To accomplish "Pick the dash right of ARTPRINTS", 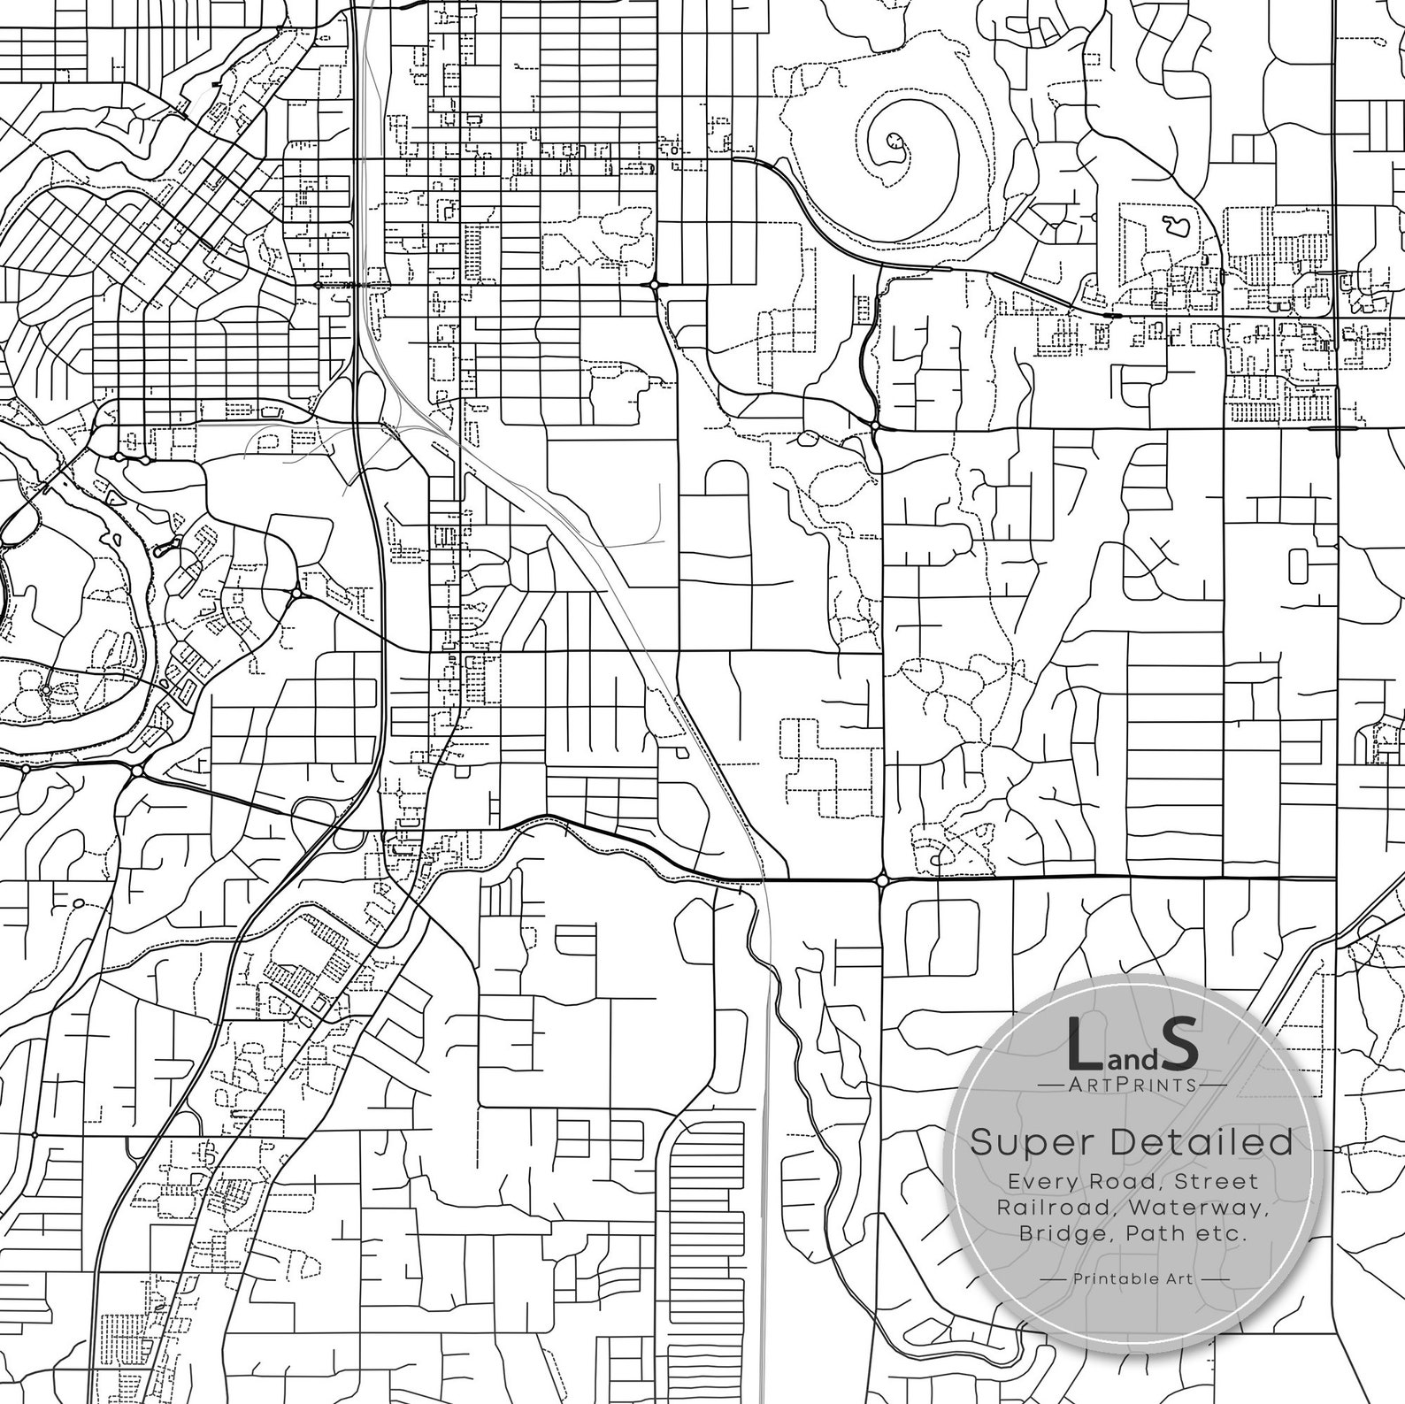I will point(1213,1084).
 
